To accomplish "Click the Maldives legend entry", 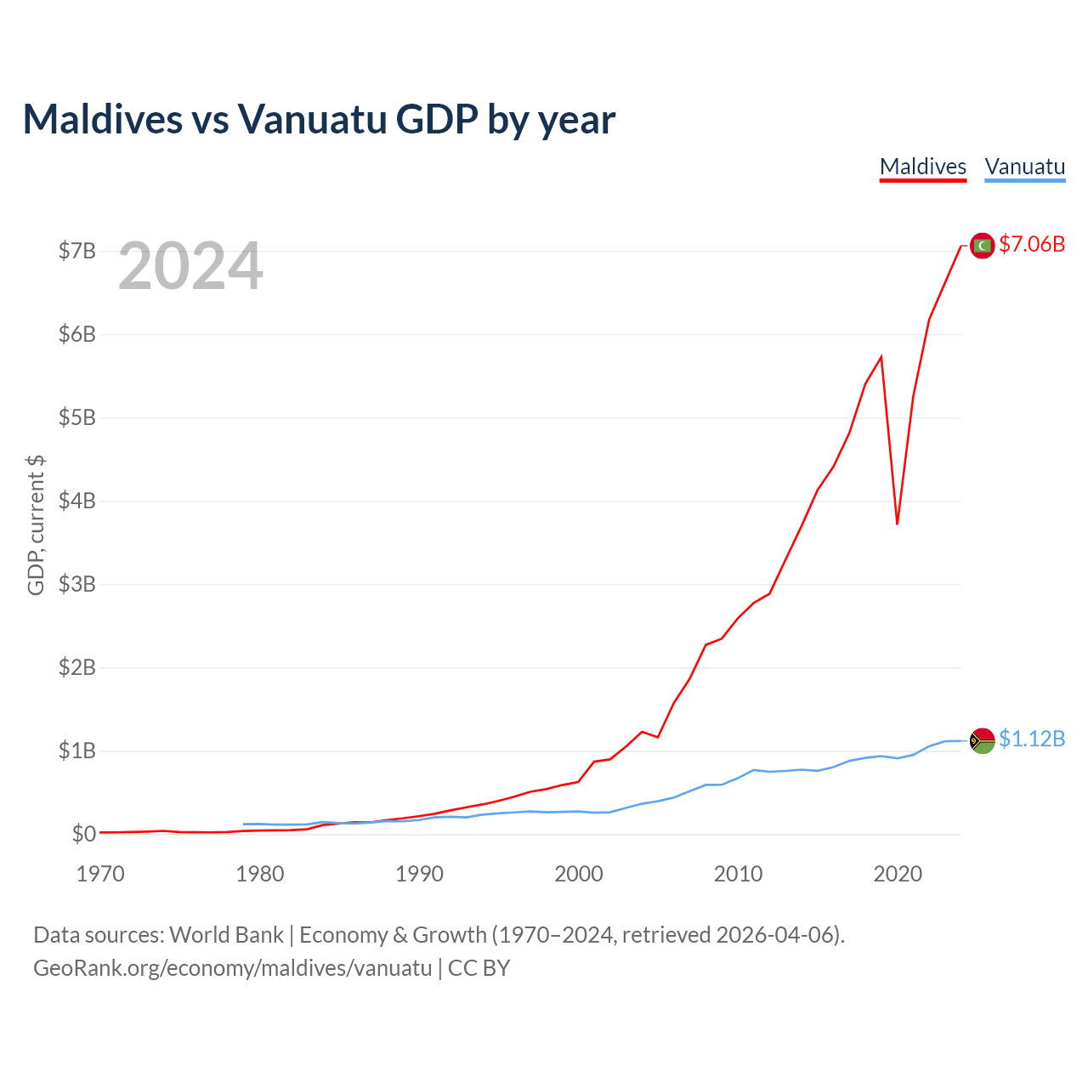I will pos(922,167).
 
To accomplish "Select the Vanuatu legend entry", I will pos(1024,167).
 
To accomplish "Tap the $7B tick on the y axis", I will pos(76,251).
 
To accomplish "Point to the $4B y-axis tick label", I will pos(76,501).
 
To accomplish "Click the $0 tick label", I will pos(83,834).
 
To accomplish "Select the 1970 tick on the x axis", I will pos(100,874).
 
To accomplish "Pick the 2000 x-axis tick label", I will pos(579,874).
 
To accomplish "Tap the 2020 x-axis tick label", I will pos(898,874).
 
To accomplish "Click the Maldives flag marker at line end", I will pos(982,246).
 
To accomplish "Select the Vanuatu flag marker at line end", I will pos(982,740).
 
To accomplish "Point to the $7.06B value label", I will pos(1032,245).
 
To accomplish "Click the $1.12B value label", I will pos(1032,739).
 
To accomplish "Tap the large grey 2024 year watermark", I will pos(190,267).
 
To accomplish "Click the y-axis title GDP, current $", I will pos(36,525).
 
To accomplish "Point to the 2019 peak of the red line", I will pos(881,356).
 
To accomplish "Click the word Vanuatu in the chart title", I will pos(312,119).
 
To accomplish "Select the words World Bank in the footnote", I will pos(226,935).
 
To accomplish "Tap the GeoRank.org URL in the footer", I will pos(232,968).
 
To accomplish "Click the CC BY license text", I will pos(479,968).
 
